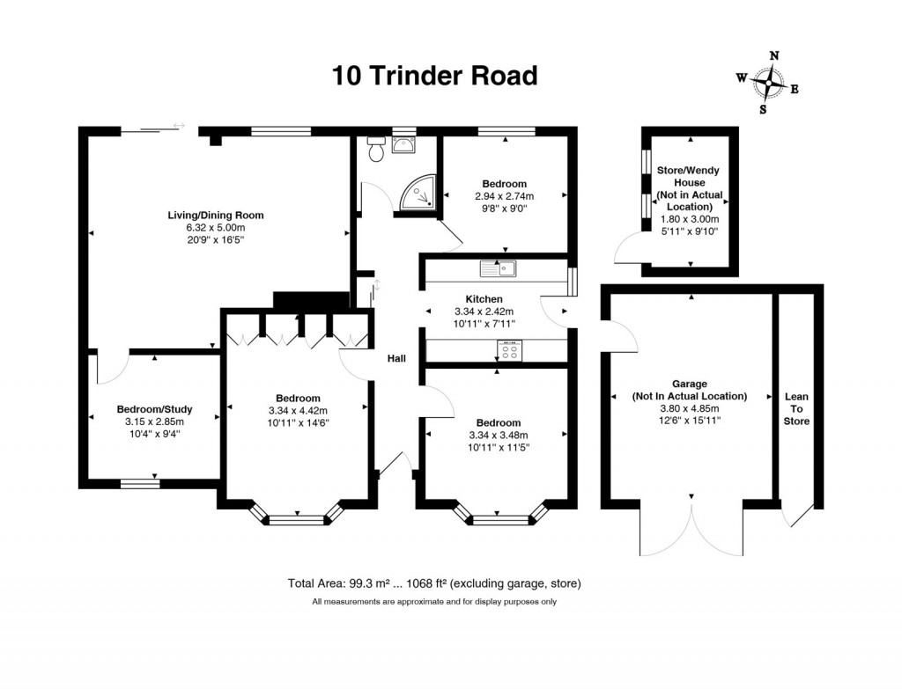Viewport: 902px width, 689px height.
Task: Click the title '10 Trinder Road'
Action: click(x=434, y=76)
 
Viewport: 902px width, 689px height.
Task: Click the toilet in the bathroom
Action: click(x=377, y=150)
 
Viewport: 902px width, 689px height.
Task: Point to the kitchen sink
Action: click(x=496, y=268)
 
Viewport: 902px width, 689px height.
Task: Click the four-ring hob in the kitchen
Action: click(x=508, y=350)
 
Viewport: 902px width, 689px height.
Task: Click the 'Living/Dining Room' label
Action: click(x=216, y=215)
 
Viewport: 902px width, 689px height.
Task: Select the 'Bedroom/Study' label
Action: click(x=154, y=409)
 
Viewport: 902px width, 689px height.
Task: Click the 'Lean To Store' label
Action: click(x=796, y=409)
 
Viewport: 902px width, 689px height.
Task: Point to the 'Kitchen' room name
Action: click(x=484, y=299)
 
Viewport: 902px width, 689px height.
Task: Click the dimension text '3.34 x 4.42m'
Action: click(x=298, y=410)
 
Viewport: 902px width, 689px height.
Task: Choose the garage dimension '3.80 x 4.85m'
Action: click(x=689, y=408)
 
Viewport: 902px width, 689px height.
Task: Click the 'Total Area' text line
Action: click(x=434, y=583)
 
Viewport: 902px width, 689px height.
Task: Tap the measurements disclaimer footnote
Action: click(x=434, y=602)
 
